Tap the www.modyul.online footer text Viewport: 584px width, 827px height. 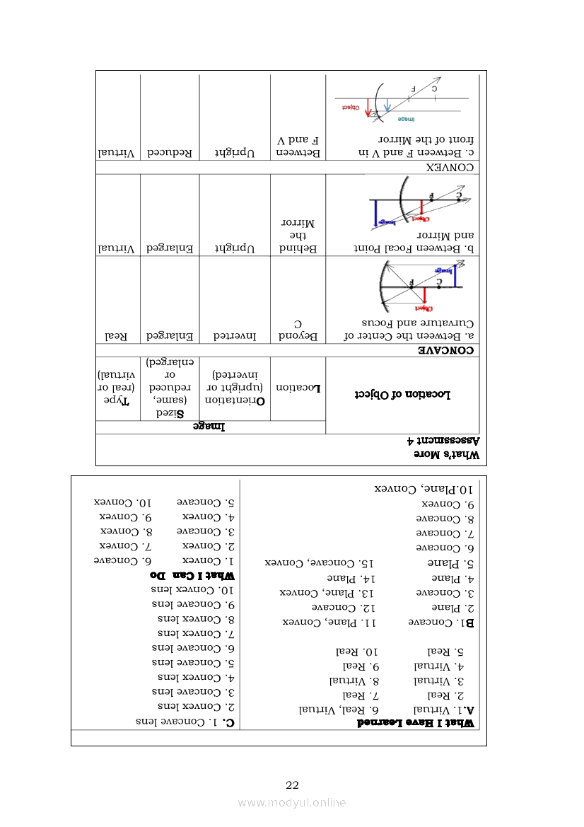point(292,802)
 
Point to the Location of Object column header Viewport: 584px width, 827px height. point(402,395)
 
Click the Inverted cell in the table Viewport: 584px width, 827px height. point(235,337)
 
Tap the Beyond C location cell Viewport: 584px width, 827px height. point(298,330)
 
